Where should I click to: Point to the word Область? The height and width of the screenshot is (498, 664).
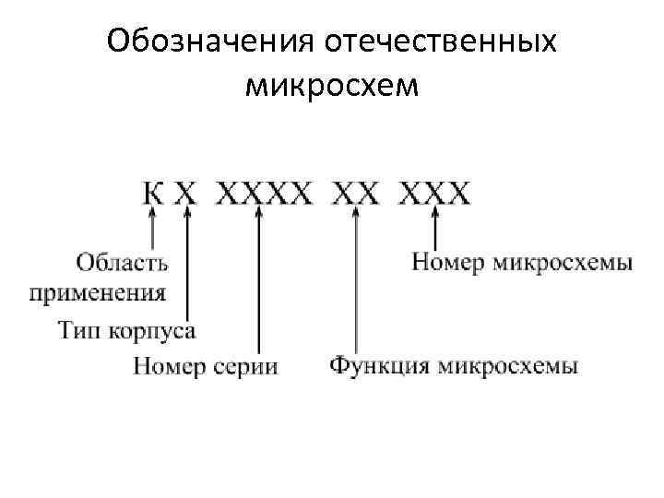[x=122, y=263]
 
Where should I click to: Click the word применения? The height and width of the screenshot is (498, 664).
[x=98, y=294]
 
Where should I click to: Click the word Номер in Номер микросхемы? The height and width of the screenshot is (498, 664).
[x=448, y=263]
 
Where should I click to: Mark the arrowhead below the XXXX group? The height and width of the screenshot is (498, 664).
[x=259, y=213]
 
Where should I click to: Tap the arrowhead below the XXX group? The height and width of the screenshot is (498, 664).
[x=435, y=213]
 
